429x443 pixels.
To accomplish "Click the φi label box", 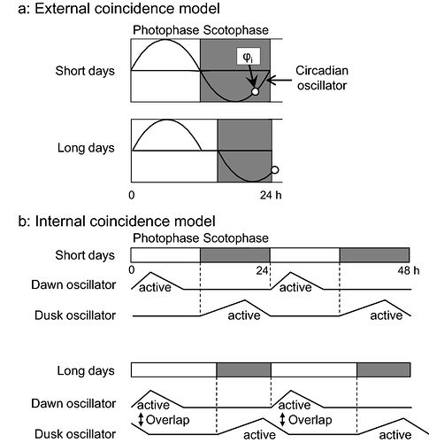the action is [249, 56].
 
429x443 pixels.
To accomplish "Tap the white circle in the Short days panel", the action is [256, 91].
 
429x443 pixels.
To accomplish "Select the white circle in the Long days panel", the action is [275, 170].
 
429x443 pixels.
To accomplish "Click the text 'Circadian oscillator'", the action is [322, 78].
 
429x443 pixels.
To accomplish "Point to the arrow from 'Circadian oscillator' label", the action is [280, 80].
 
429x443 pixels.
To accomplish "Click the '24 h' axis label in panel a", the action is [271, 195].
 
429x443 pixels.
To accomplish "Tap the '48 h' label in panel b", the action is [409, 270].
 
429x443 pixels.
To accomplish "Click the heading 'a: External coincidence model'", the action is [119, 8].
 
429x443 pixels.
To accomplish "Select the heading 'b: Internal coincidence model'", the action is [117, 221].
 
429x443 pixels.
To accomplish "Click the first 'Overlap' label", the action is [167, 420].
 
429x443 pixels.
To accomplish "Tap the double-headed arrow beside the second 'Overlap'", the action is [283, 420].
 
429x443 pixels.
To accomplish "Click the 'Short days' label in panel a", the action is [85, 71].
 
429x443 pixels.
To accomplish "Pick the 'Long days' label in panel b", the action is [86, 370].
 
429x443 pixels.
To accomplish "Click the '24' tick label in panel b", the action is [262, 270].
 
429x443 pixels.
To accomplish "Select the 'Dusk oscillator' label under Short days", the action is [75, 315].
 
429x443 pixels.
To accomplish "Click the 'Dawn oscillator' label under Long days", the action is [73, 404].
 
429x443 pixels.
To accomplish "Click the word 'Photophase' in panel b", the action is [166, 238].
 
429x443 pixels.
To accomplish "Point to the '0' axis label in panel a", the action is [132, 195].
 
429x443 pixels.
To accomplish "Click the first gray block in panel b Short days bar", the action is [235, 255].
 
